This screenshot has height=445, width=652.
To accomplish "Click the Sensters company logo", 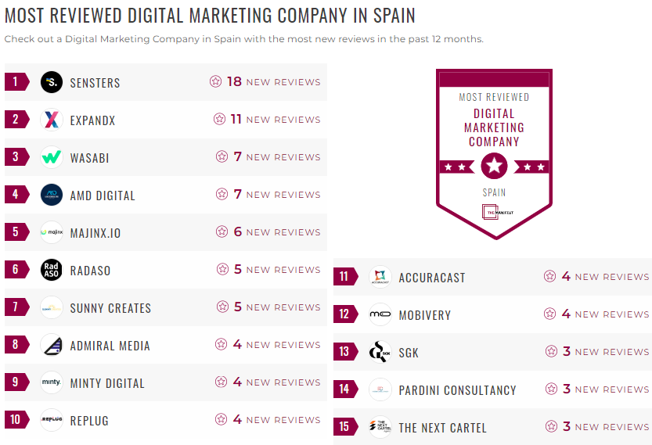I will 52,82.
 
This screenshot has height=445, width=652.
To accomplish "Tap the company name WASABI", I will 89,158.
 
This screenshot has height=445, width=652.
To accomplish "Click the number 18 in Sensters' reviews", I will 234,82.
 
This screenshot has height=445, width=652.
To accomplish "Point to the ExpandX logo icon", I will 52,120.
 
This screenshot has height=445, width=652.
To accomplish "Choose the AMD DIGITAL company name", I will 103,196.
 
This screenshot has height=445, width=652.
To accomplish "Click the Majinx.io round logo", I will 52,232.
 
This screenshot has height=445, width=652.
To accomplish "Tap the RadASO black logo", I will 52,270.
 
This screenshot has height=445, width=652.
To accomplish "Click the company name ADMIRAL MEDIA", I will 110,346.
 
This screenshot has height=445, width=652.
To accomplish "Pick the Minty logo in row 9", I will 52,382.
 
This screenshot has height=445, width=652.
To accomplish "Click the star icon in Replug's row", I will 222,420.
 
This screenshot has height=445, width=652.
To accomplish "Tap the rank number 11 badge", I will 345,277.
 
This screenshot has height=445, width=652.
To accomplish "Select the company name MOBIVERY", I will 425,315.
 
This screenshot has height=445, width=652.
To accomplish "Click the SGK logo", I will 380,352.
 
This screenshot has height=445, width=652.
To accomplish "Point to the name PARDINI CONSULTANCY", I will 457,390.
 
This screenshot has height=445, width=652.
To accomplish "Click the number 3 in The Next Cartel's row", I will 567,427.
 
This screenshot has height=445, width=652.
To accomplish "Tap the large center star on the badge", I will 494,166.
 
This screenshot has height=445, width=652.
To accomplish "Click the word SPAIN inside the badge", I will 494,192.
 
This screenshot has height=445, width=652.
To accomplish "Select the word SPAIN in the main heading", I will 390,16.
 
